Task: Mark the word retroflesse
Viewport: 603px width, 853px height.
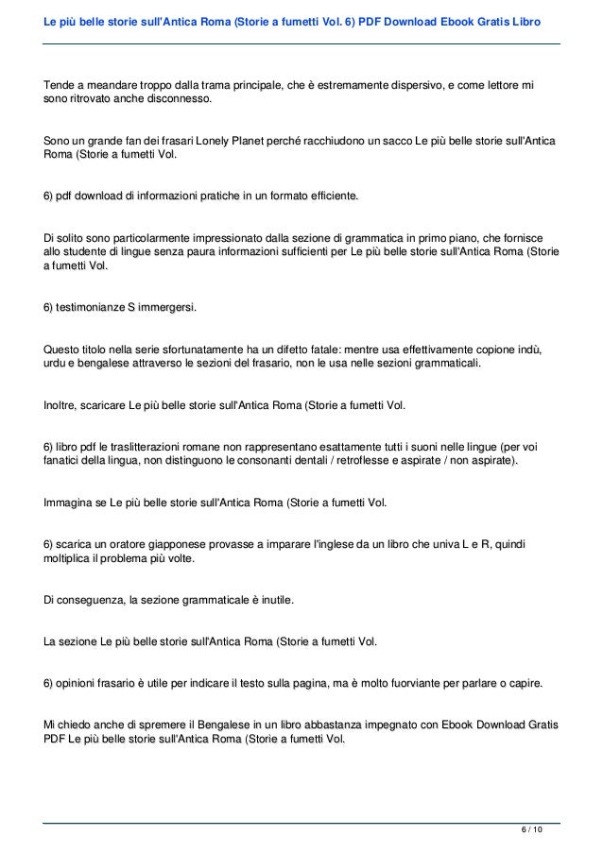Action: coord(385,460)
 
